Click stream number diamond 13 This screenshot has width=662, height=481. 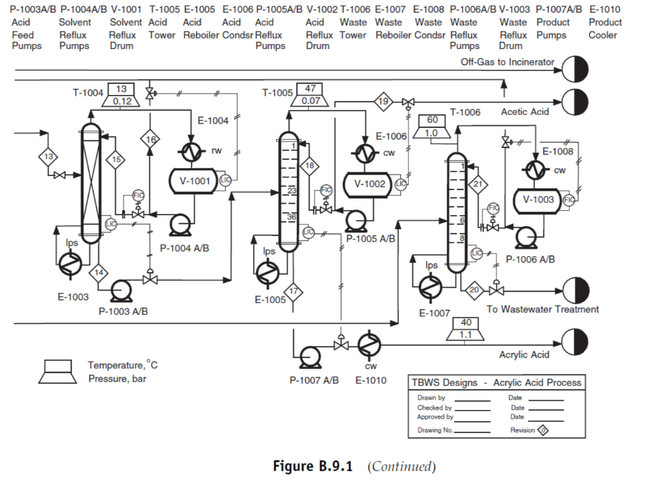coord(48,156)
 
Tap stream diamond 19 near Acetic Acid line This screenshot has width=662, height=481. coord(383,102)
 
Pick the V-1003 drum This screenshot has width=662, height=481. coord(538,200)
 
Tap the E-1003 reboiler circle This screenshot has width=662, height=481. coord(69,263)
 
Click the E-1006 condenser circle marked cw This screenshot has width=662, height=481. coord(366,153)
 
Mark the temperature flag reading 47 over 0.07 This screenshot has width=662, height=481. coord(310,94)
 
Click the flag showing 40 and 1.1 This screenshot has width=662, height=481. coord(465,329)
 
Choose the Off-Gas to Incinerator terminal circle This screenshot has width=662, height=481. coord(575,68)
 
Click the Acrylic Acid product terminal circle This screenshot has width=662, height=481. coord(575,342)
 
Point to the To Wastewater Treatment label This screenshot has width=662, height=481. coord(542,309)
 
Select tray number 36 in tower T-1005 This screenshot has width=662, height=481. coord(291,217)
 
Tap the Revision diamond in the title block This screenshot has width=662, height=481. coord(544,430)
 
